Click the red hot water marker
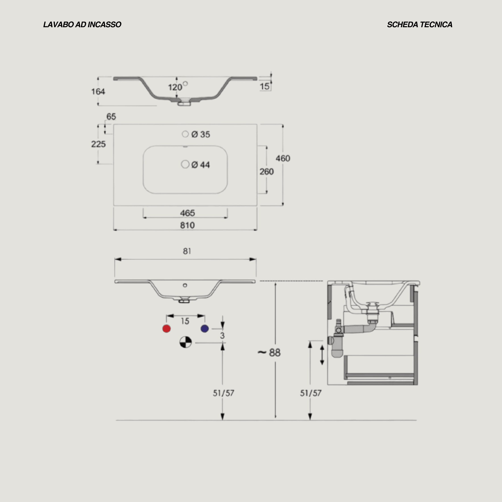[167, 329]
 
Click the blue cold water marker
[205, 329]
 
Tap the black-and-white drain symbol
[186, 342]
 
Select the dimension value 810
[187, 225]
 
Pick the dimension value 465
[187, 213]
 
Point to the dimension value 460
[283, 158]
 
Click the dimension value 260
[267, 172]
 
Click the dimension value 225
[98, 144]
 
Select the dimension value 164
[98, 91]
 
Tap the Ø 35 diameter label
[201, 134]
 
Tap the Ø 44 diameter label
[201, 165]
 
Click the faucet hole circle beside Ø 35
[185, 134]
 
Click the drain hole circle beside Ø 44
[185, 164]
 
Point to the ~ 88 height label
[269, 353]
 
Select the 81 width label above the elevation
[187, 251]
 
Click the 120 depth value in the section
[175, 87]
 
